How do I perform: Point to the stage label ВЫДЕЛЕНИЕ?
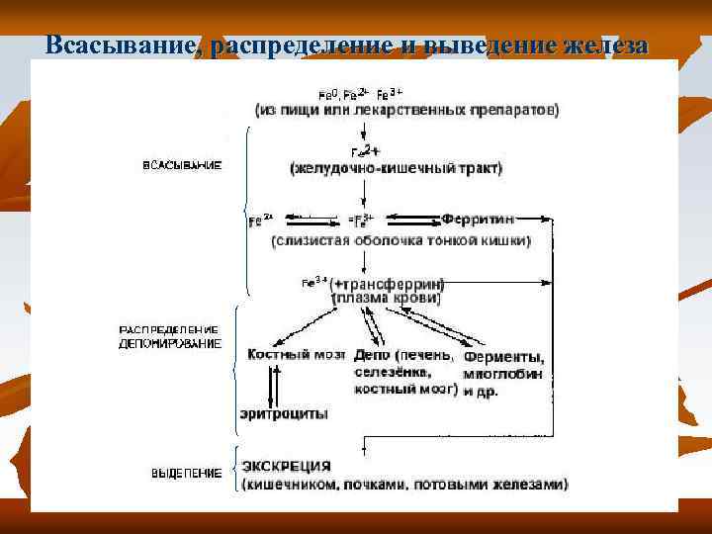click(x=185, y=474)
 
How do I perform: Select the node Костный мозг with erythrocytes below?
click(x=286, y=354)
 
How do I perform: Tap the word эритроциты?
click(x=284, y=414)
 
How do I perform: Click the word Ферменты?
click(x=504, y=357)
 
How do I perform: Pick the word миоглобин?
click(x=503, y=374)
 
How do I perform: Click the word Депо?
click(x=370, y=355)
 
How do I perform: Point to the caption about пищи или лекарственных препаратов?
click(x=406, y=110)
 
